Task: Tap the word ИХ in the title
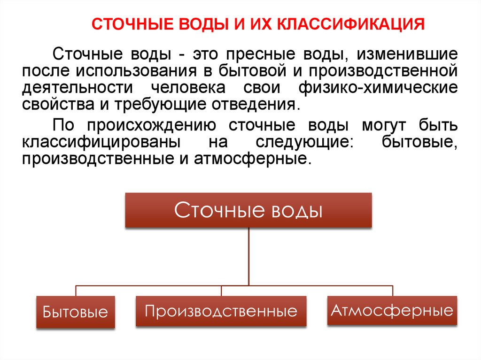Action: [261, 24]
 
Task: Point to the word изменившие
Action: [407, 54]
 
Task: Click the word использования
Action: [136, 71]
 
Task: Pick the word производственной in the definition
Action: [383, 71]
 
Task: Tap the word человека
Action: [188, 88]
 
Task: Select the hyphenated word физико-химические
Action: [378, 88]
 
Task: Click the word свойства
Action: [58, 104]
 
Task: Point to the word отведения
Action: [254, 105]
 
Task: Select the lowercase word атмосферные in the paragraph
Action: [250, 159]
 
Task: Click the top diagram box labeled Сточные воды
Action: [248, 210]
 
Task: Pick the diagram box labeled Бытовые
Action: [76, 312]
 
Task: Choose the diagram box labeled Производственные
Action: [221, 311]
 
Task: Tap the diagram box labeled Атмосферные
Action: [392, 310]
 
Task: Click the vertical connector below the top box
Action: [248, 257]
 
